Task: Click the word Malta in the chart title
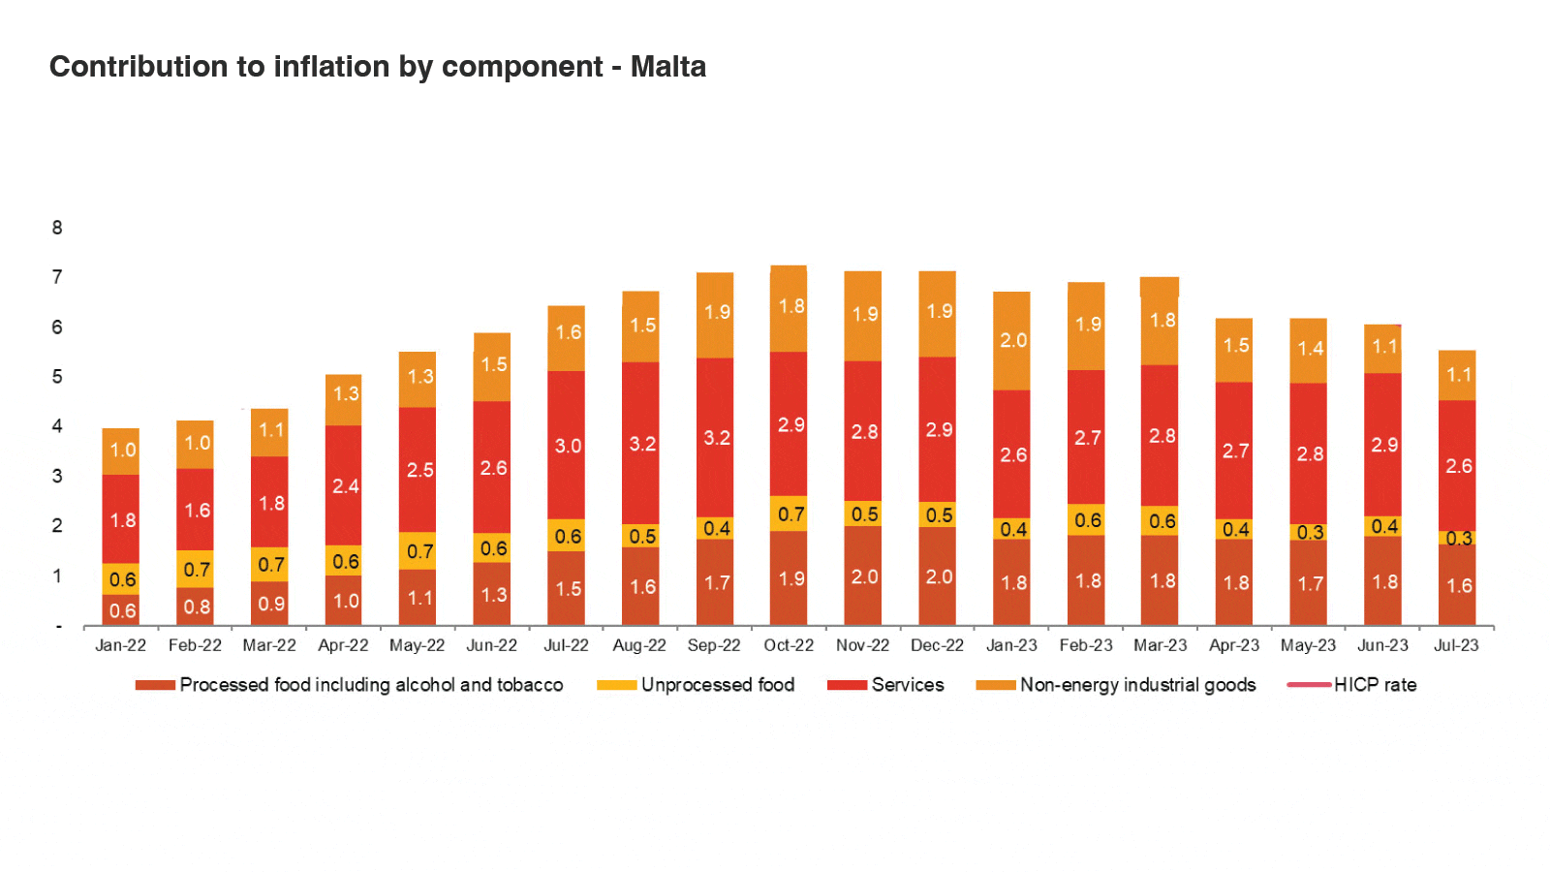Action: point(667,67)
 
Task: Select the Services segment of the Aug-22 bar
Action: point(640,443)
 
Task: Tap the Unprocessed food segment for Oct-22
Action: point(789,514)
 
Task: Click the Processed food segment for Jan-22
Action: point(121,609)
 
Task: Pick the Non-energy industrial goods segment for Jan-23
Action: point(1011,340)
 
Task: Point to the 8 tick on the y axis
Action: point(57,228)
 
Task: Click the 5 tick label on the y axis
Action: point(57,376)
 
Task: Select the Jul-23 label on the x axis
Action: point(1456,645)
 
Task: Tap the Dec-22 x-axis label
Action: point(937,645)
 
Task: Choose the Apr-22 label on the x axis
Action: point(343,645)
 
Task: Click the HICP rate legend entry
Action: point(1375,685)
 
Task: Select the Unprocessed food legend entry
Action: point(717,685)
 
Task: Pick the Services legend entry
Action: point(907,685)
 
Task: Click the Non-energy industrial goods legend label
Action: point(1137,685)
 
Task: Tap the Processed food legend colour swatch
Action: point(155,685)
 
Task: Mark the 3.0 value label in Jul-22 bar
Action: point(568,446)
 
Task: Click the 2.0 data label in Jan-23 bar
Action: point(1013,340)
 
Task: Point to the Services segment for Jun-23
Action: point(1382,445)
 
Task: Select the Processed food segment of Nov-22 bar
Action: point(862,576)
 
